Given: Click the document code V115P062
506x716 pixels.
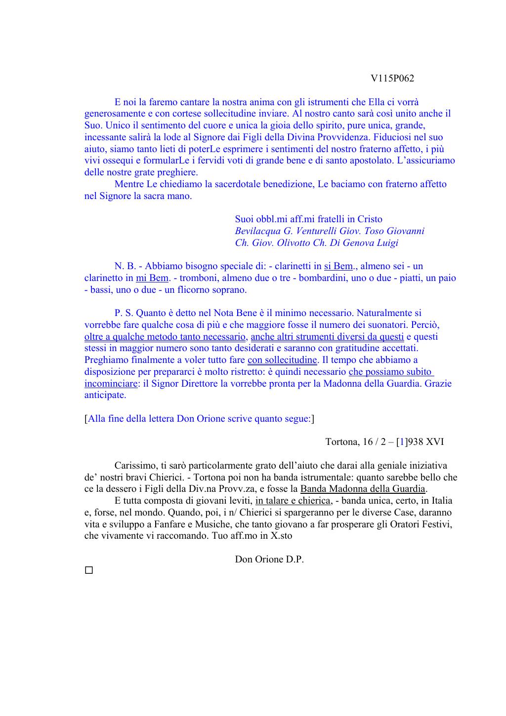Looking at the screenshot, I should pos(392,79).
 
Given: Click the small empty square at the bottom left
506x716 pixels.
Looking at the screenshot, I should pos(88,570).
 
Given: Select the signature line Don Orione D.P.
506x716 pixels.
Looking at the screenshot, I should pos(269,559).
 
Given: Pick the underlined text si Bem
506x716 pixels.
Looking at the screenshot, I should pos(338,266).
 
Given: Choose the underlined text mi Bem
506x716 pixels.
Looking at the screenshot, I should pos(152,278).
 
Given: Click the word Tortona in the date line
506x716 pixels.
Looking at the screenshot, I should pos(341,442).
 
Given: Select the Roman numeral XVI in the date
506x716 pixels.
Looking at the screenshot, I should pos(434,442).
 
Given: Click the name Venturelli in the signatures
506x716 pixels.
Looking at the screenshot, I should pos(316,231).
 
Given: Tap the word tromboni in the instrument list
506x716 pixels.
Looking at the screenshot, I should pos(198,278).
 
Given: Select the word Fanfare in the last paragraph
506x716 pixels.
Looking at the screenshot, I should pos(170,524).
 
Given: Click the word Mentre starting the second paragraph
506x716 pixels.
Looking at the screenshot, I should pos(129,184).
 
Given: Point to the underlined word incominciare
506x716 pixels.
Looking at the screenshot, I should pos(111,384).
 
